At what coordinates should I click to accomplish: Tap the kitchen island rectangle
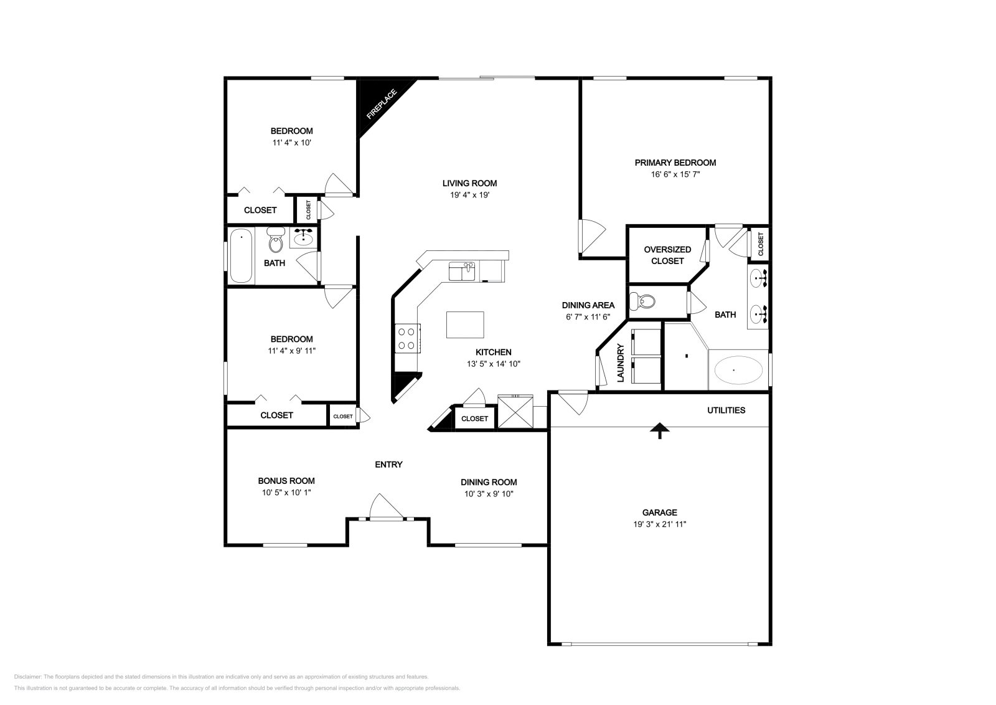[465, 324]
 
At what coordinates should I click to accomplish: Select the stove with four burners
[407, 339]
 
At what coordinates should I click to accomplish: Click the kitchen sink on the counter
[462, 272]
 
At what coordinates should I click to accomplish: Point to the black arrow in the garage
[659, 431]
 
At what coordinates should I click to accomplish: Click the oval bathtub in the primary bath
[738, 370]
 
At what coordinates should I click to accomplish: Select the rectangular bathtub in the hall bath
[241, 256]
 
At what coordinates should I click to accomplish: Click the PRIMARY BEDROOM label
[675, 163]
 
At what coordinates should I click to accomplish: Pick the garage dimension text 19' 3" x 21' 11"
[659, 524]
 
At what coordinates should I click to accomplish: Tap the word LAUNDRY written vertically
[620, 362]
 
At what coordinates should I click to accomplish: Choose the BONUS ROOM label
[286, 481]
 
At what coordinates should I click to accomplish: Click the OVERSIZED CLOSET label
[667, 255]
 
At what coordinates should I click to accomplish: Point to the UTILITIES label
[726, 410]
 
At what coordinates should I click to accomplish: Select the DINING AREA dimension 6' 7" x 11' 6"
[588, 316]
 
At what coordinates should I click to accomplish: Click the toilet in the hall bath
[275, 240]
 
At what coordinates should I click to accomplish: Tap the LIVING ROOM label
[469, 183]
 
